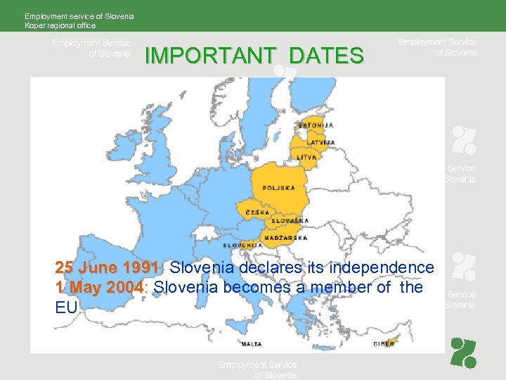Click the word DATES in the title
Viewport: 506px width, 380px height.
(x=326, y=56)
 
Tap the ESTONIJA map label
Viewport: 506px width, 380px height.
(x=316, y=125)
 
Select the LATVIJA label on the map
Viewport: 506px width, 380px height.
(x=320, y=143)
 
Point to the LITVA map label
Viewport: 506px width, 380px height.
(x=306, y=157)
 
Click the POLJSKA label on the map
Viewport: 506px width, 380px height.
(x=278, y=188)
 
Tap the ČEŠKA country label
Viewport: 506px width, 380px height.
(x=257, y=212)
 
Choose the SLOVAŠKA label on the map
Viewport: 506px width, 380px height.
(x=290, y=220)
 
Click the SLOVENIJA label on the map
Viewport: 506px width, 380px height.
(x=242, y=246)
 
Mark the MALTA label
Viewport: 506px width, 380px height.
(x=252, y=344)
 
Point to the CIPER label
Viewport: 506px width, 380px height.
(x=384, y=343)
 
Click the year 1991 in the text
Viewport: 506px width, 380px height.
(x=141, y=268)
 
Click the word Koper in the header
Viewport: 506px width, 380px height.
(x=34, y=25)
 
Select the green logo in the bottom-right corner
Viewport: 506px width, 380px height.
(x=463, y=353)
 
